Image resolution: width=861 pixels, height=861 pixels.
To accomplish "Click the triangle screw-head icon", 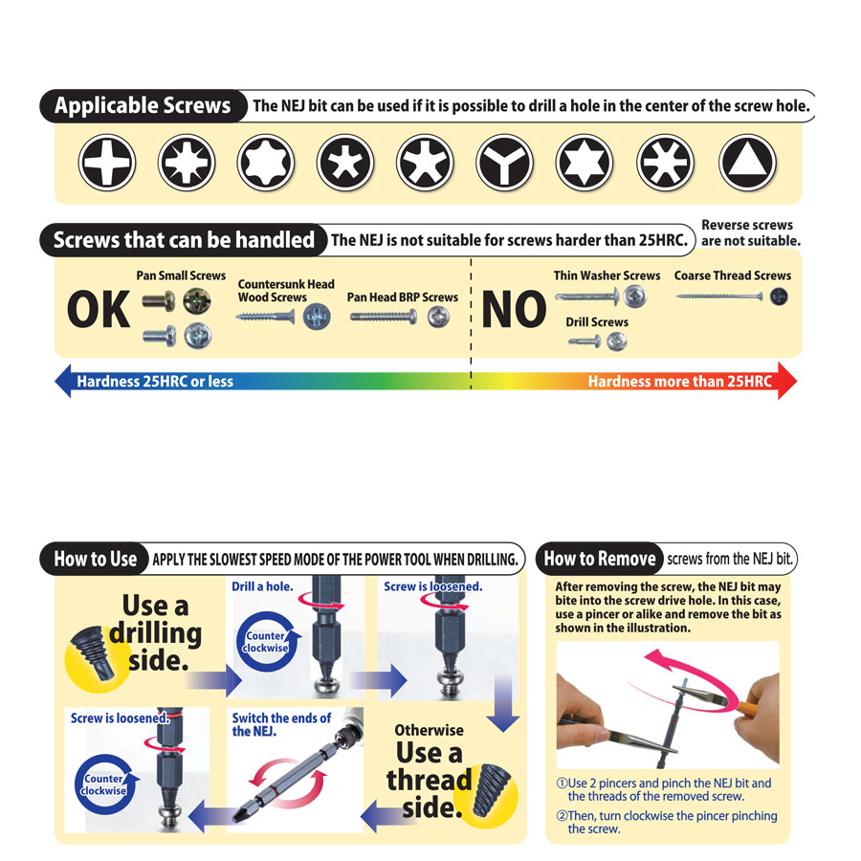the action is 747,163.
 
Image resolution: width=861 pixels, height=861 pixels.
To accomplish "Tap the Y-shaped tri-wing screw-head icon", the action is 504,163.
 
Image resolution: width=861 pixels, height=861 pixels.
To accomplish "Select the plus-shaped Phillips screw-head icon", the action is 107,163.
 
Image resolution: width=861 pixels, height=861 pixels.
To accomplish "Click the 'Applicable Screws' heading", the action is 143,105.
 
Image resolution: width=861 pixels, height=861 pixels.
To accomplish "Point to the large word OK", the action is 99,309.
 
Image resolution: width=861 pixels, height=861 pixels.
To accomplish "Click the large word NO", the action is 514,309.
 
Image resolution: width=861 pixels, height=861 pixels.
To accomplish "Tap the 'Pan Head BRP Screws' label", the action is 403,298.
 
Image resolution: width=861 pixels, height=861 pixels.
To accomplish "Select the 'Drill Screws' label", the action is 597,321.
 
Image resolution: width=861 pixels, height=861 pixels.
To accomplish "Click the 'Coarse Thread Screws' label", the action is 733,276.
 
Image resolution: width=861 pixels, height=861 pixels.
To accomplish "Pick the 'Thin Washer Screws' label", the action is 607,276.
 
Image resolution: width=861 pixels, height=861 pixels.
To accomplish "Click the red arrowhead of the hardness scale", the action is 787,381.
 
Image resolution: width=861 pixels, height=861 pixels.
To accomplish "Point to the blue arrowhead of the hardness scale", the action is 64,381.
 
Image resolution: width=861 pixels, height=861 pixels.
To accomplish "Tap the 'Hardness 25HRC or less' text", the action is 155,381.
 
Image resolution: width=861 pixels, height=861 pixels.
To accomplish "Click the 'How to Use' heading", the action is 95,559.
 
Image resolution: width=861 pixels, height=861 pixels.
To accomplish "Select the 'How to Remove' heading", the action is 600,559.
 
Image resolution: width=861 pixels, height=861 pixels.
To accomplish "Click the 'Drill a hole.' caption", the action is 262,586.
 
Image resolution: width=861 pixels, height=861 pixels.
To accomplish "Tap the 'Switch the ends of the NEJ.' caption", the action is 281,724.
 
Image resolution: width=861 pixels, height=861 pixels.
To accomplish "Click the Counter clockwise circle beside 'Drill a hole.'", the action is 267,641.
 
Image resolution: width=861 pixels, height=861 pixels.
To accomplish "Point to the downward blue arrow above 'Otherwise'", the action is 503,703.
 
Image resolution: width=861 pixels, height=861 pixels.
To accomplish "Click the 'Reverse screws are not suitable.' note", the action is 750,232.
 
